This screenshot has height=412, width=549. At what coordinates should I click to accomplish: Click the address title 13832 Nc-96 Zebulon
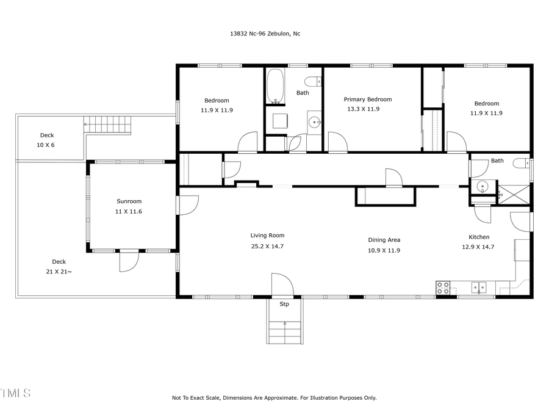261,34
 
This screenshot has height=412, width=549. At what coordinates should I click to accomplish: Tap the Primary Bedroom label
367,99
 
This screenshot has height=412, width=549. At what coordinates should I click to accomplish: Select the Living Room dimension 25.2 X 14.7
267,246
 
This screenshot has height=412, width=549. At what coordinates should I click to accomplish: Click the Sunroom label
129,201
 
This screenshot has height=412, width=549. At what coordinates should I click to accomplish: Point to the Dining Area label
384,240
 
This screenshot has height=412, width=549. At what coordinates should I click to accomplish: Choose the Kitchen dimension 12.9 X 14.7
478,247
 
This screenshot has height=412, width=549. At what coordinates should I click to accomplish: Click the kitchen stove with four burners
443,287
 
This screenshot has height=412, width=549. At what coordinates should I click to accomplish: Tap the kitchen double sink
478,286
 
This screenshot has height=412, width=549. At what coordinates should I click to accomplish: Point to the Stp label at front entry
284,304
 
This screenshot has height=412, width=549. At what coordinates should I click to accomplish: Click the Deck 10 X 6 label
47,136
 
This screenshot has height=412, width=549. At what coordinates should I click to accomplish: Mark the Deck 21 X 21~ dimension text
59,271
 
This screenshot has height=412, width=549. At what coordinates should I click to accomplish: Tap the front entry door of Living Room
282,284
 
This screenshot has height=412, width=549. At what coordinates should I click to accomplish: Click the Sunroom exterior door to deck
129,261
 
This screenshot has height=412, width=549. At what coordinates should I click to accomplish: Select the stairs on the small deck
108,125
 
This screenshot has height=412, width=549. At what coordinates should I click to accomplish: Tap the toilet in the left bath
314,82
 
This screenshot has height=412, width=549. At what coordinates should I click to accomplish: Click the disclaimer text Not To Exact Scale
274,398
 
